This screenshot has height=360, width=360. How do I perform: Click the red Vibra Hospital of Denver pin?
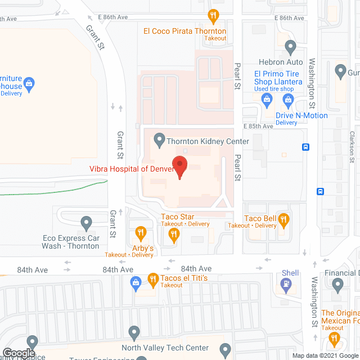point(180,167)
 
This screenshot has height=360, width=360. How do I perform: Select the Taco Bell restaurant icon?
point(285,220)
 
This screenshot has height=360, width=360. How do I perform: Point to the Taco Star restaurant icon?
point(174,235)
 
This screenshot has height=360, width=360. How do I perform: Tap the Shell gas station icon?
point(286,285)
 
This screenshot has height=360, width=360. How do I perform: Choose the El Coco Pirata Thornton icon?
point(213,15)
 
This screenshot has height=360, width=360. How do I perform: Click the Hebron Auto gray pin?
point(290,46)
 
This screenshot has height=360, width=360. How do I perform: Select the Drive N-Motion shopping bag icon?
point(289,101)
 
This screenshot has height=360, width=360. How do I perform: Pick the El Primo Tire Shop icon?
point(268,100)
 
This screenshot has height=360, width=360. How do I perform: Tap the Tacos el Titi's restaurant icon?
point(152,278)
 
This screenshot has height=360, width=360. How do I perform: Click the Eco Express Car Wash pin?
point(86,223)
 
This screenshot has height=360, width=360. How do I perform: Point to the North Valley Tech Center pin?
point(134,332)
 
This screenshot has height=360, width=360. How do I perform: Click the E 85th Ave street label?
point(258,127)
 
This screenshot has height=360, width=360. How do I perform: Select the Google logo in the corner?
point(18,353)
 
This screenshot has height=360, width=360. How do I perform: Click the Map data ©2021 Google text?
point(325,355)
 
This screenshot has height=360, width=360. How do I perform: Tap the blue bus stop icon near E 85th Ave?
point(305,147)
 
